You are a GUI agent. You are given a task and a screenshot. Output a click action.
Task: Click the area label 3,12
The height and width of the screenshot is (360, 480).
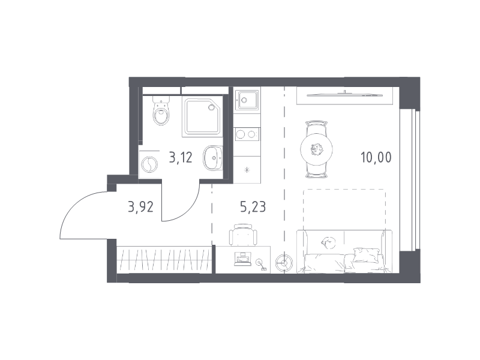tap(181, 158)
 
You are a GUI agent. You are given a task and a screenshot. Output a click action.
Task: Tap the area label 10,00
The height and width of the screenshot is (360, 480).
tap(376, 157)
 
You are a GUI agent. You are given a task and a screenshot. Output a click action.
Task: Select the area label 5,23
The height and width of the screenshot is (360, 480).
tap(253, 207)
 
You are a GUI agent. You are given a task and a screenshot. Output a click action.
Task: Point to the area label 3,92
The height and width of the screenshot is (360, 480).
tap(140, 207)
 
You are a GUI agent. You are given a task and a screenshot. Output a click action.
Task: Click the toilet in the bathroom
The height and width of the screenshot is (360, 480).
tap(161, 111)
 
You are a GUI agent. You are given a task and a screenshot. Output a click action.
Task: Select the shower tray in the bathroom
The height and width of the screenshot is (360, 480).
tap(202, 116)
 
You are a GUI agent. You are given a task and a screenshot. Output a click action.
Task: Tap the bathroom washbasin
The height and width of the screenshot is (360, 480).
tap(212, 158)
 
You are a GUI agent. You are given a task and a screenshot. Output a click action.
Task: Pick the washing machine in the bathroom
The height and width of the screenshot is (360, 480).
tap(149, 164)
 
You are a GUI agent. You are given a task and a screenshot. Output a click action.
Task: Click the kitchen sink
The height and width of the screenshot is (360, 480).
tap(247, 100)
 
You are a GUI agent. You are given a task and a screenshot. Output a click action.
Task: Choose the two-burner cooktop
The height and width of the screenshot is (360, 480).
tap(247, 134)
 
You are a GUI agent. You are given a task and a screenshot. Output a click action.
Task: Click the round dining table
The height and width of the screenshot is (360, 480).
tap(317, 149)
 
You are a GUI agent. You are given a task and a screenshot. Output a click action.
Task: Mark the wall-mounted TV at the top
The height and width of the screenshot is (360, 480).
tap(344, 95)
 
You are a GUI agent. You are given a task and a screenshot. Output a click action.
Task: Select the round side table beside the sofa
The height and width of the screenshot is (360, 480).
tap(284, 263)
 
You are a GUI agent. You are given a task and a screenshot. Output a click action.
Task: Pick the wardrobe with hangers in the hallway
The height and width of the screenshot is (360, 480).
tap(163, 259)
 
